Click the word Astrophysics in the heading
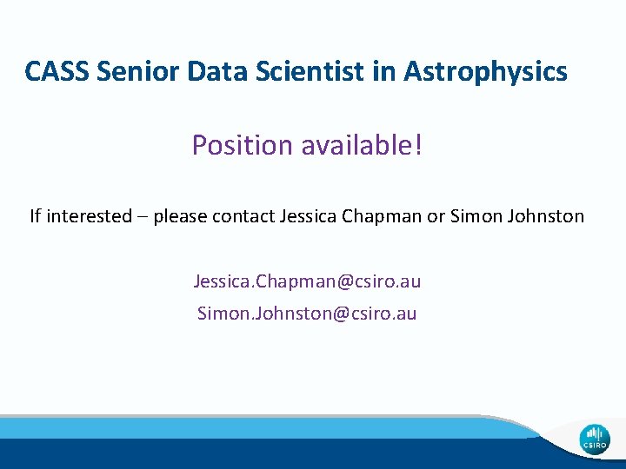(485, 71)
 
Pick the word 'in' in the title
(383, 70)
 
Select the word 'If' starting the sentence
(35, 215)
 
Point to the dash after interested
(143, 216)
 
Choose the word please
(180, 216)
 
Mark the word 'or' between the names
(436, 216)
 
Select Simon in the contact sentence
(475, 215)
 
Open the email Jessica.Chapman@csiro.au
(307, 281)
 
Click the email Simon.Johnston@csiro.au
(307, 313)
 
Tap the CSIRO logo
(596, 438)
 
